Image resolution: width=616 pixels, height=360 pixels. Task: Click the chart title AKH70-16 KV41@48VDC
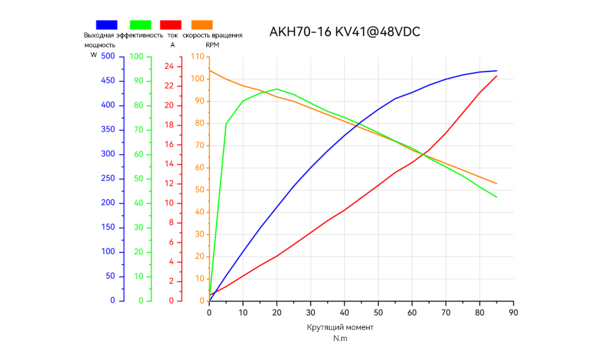coord(345,32)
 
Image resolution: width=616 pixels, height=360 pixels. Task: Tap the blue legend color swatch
coord(106,25)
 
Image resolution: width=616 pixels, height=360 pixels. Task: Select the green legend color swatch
coord(140,25)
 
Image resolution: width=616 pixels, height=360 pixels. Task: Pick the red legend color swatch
coord(170,25)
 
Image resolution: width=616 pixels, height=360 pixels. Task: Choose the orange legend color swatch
coord(202,25)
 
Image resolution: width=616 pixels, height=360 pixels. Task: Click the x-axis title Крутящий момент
coord(340,327)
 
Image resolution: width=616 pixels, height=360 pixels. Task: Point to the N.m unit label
coord(340,338)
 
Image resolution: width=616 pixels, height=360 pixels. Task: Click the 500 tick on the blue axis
coord(108,56)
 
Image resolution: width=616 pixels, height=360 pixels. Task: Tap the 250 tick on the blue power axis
coord(108,178)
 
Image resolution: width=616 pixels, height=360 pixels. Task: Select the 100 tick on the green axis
coord(136,56)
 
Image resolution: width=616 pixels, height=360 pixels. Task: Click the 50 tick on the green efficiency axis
coord(138,178)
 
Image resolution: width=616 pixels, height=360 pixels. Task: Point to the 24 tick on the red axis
coord(169,66)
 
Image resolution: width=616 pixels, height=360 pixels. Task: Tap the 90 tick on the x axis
coord(513,313)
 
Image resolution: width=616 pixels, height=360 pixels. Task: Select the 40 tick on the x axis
coord(344,313)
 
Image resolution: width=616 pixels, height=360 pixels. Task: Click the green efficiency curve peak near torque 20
coord(277,89)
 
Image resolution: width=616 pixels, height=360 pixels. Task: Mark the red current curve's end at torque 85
coord(497,76)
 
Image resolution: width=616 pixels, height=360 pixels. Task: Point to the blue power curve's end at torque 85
coord(497,71)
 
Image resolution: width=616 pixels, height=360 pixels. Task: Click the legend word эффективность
coord(140,35)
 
